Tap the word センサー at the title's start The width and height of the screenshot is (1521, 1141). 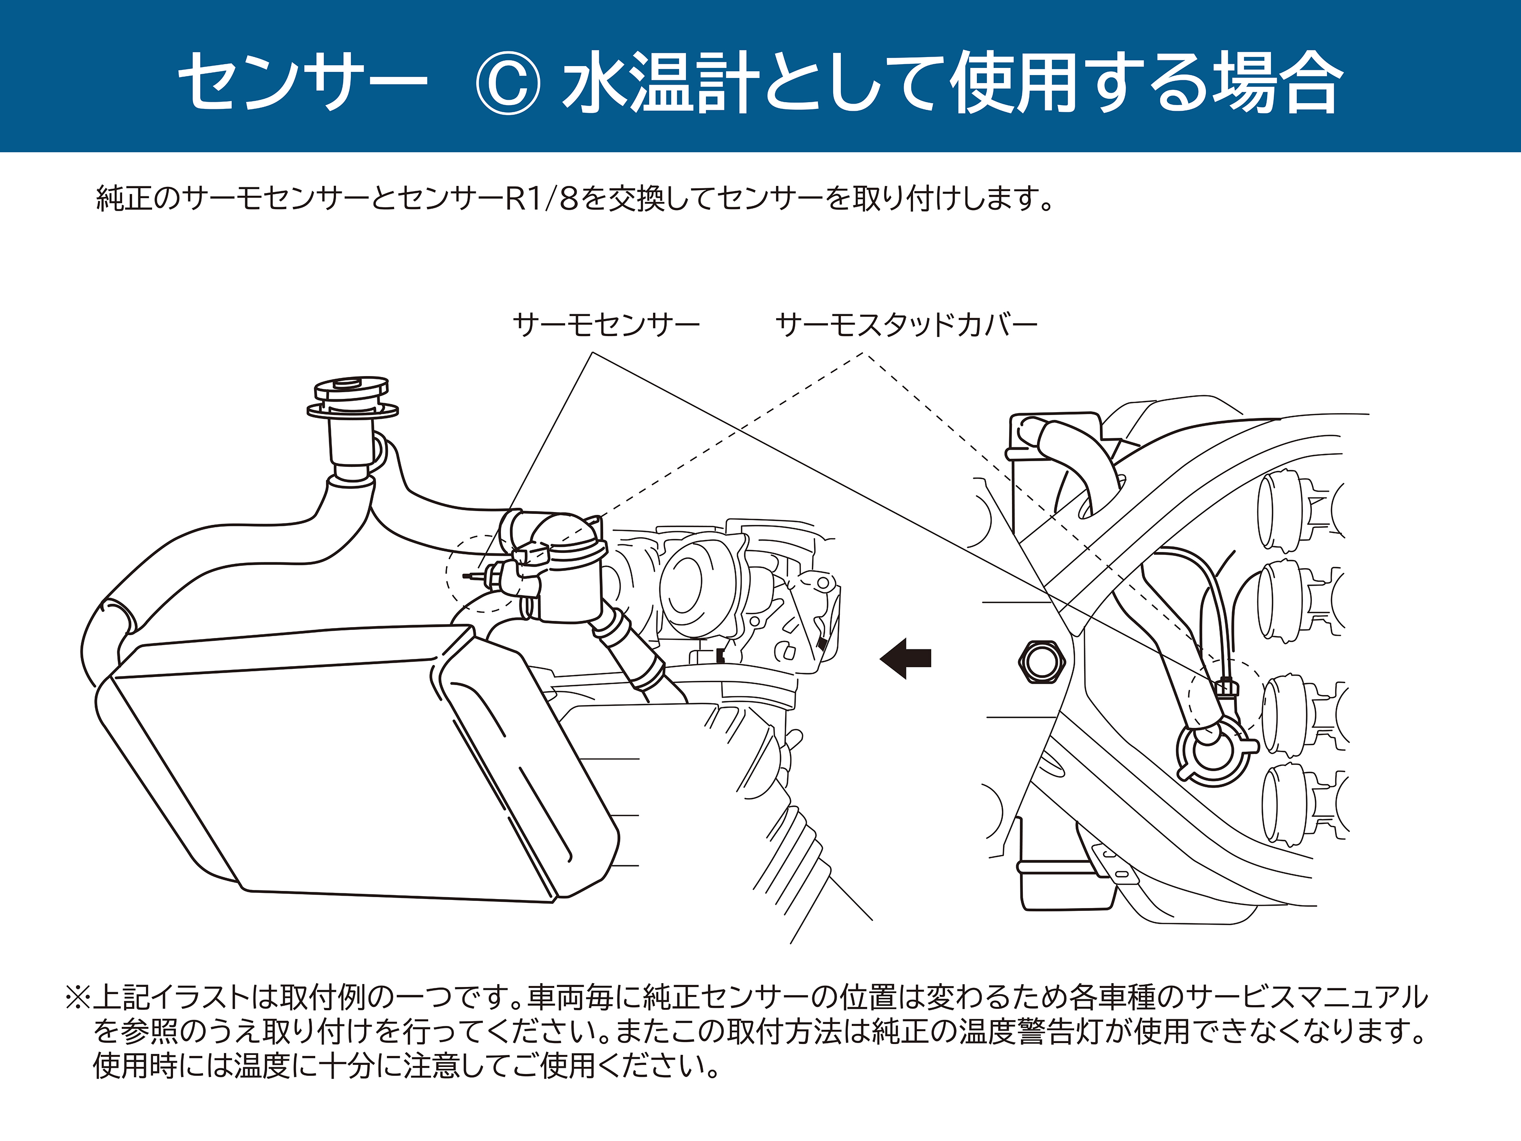[x=303, y=82]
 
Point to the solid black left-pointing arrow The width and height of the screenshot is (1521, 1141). [x=906, y=658]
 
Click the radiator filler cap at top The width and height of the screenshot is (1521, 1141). [x=352, y=398]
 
